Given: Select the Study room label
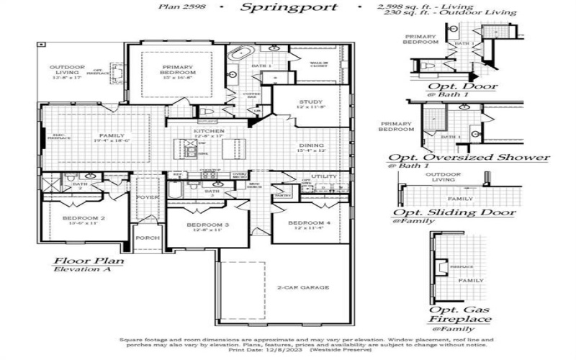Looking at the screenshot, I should click(x=311, y=103).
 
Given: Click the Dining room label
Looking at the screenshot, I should click(x=312, y=147).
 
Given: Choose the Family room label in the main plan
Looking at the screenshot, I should click(x=112, y=136).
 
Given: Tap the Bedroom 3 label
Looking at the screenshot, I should click(x=207, y=226).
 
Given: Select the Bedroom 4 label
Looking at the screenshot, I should click(x=309, y=223).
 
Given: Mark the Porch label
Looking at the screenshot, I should click(x=148, y=238).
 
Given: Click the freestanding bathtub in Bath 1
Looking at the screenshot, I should click(x=238, y=55).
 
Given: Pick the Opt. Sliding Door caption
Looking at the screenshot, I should click(x=454, y=212).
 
